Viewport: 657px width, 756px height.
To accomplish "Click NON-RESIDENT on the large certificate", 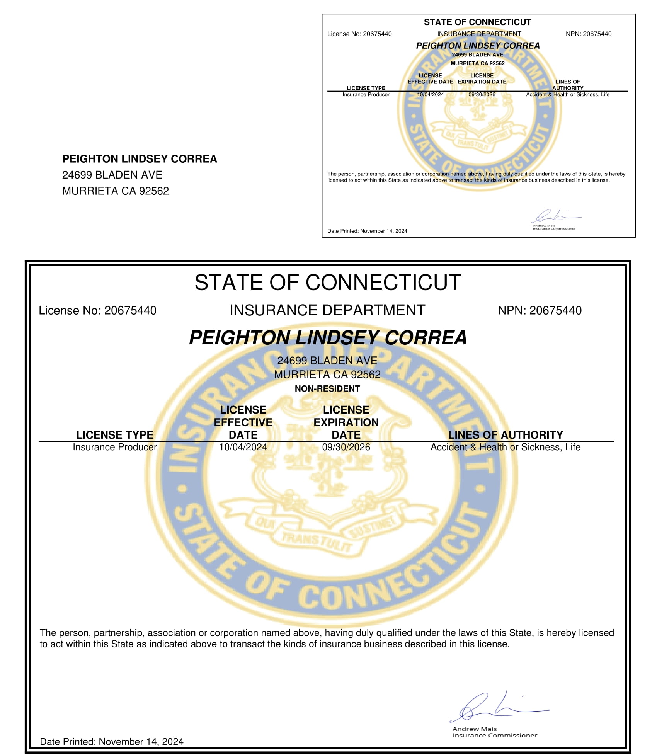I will (327, 388).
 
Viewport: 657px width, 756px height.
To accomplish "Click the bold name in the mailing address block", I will (140, 159).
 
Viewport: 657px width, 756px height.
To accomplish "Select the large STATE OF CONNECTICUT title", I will (327, 282).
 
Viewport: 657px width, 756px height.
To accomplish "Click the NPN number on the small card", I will (597, 34).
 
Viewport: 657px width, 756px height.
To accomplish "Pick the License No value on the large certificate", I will (130, 310).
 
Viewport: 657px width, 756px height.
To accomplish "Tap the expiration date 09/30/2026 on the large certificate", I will (346, 447).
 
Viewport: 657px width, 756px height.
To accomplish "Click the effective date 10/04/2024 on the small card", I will (430, 94).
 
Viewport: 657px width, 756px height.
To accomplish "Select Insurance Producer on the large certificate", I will (115, 447).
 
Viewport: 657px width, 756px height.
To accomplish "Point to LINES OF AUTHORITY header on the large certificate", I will (505, 434).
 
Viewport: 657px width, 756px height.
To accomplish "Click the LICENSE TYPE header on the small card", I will (366, 88).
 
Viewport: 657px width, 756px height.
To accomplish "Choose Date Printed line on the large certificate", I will (112, 741).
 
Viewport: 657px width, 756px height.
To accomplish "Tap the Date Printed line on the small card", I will (367, 231).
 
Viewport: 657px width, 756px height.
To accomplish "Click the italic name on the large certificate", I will (328, 337).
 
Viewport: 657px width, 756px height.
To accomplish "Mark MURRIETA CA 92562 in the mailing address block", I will (116, 191).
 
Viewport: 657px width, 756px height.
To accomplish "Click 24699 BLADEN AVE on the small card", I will (477, 55).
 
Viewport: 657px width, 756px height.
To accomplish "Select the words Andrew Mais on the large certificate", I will (475, 729).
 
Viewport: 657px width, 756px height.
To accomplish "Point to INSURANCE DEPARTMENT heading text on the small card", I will (479, 34).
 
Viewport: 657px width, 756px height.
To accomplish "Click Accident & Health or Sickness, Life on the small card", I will (567, 94).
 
